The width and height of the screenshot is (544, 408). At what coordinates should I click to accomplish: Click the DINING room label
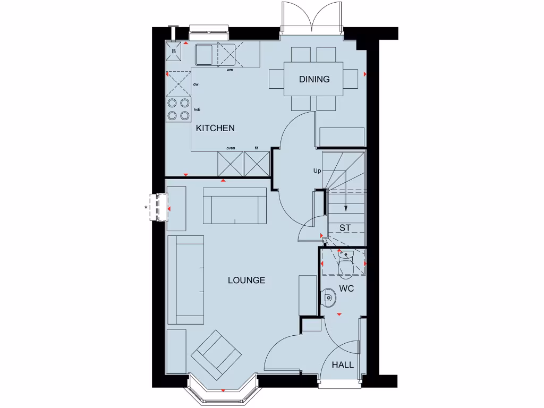(x=314, y=79)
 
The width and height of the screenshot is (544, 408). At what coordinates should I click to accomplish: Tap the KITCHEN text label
(x=215, y=128)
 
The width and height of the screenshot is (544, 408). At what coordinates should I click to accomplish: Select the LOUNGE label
(x=246, y=280)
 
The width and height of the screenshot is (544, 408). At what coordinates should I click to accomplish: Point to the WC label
(x=347, y=289)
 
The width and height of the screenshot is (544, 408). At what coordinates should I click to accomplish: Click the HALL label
(x=343, y=365)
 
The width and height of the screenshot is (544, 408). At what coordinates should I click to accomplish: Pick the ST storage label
(x=345, y=228)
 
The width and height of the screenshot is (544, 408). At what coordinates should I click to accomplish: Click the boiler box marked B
(x=174, y=52)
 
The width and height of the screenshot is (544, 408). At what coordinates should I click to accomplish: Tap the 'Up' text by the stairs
(x=317, y=171)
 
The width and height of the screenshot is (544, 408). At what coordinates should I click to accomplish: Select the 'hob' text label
(x=197, y=109)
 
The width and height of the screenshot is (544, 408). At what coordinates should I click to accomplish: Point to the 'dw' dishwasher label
(x=195, y=84)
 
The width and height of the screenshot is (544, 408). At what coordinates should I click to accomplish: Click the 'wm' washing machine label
(x=229, y=70)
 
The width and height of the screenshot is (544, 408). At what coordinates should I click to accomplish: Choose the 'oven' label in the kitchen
(x=231, y=148)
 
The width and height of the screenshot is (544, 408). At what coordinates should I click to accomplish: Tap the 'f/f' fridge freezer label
(x=256, y=148)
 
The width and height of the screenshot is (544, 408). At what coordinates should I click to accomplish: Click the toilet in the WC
(x=345, y=264)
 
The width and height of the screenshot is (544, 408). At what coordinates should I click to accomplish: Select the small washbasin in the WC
(x=329, y=299)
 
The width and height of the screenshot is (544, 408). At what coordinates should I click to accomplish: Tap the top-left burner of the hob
(x=173, y=104)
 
